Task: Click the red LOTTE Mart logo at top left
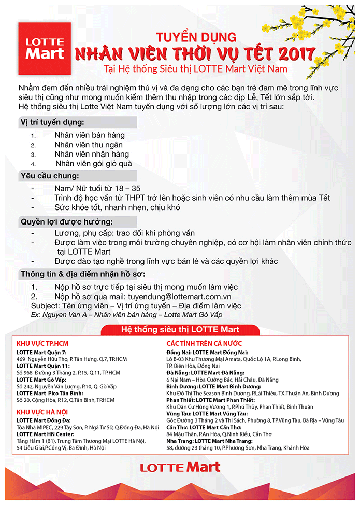pyautogui.click(x=45, y=48)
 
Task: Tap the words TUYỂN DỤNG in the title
pyautogui.click(x=196, y=37)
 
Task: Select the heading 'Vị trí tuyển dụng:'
pyautogui.click(x=52, y=122)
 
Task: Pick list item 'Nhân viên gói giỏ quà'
pyautogui.click(x=94, y=164)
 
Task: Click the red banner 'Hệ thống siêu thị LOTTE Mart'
pyautogui.click(x=180, y=329)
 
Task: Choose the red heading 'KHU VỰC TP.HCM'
pyautogui.click(x=42, y=344)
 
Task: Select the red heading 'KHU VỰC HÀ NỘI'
pyautogui.click(x=42, y=412)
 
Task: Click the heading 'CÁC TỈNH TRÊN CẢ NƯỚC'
pyautogui.click(x=204, y=344)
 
